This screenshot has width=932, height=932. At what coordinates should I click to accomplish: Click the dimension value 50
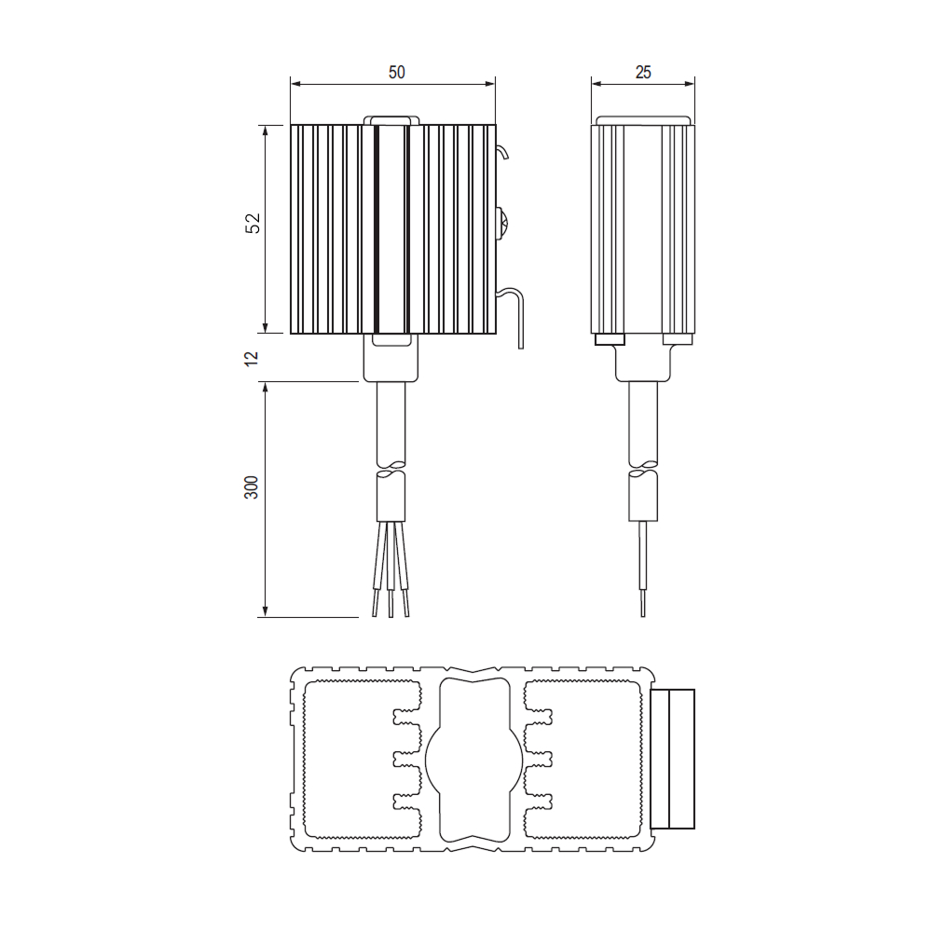(396, 72)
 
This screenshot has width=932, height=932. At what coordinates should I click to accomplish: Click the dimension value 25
(643, 72)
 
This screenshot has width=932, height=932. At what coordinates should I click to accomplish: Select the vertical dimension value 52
(253, 223)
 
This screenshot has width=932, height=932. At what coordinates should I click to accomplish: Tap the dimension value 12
(252, 358)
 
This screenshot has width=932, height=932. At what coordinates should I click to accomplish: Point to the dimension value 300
(252, 487)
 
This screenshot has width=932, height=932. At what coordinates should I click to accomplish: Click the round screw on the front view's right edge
(500, 225)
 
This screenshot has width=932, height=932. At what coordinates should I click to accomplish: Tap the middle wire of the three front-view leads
(390, 569)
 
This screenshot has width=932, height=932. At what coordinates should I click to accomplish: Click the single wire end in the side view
(643, 569)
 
